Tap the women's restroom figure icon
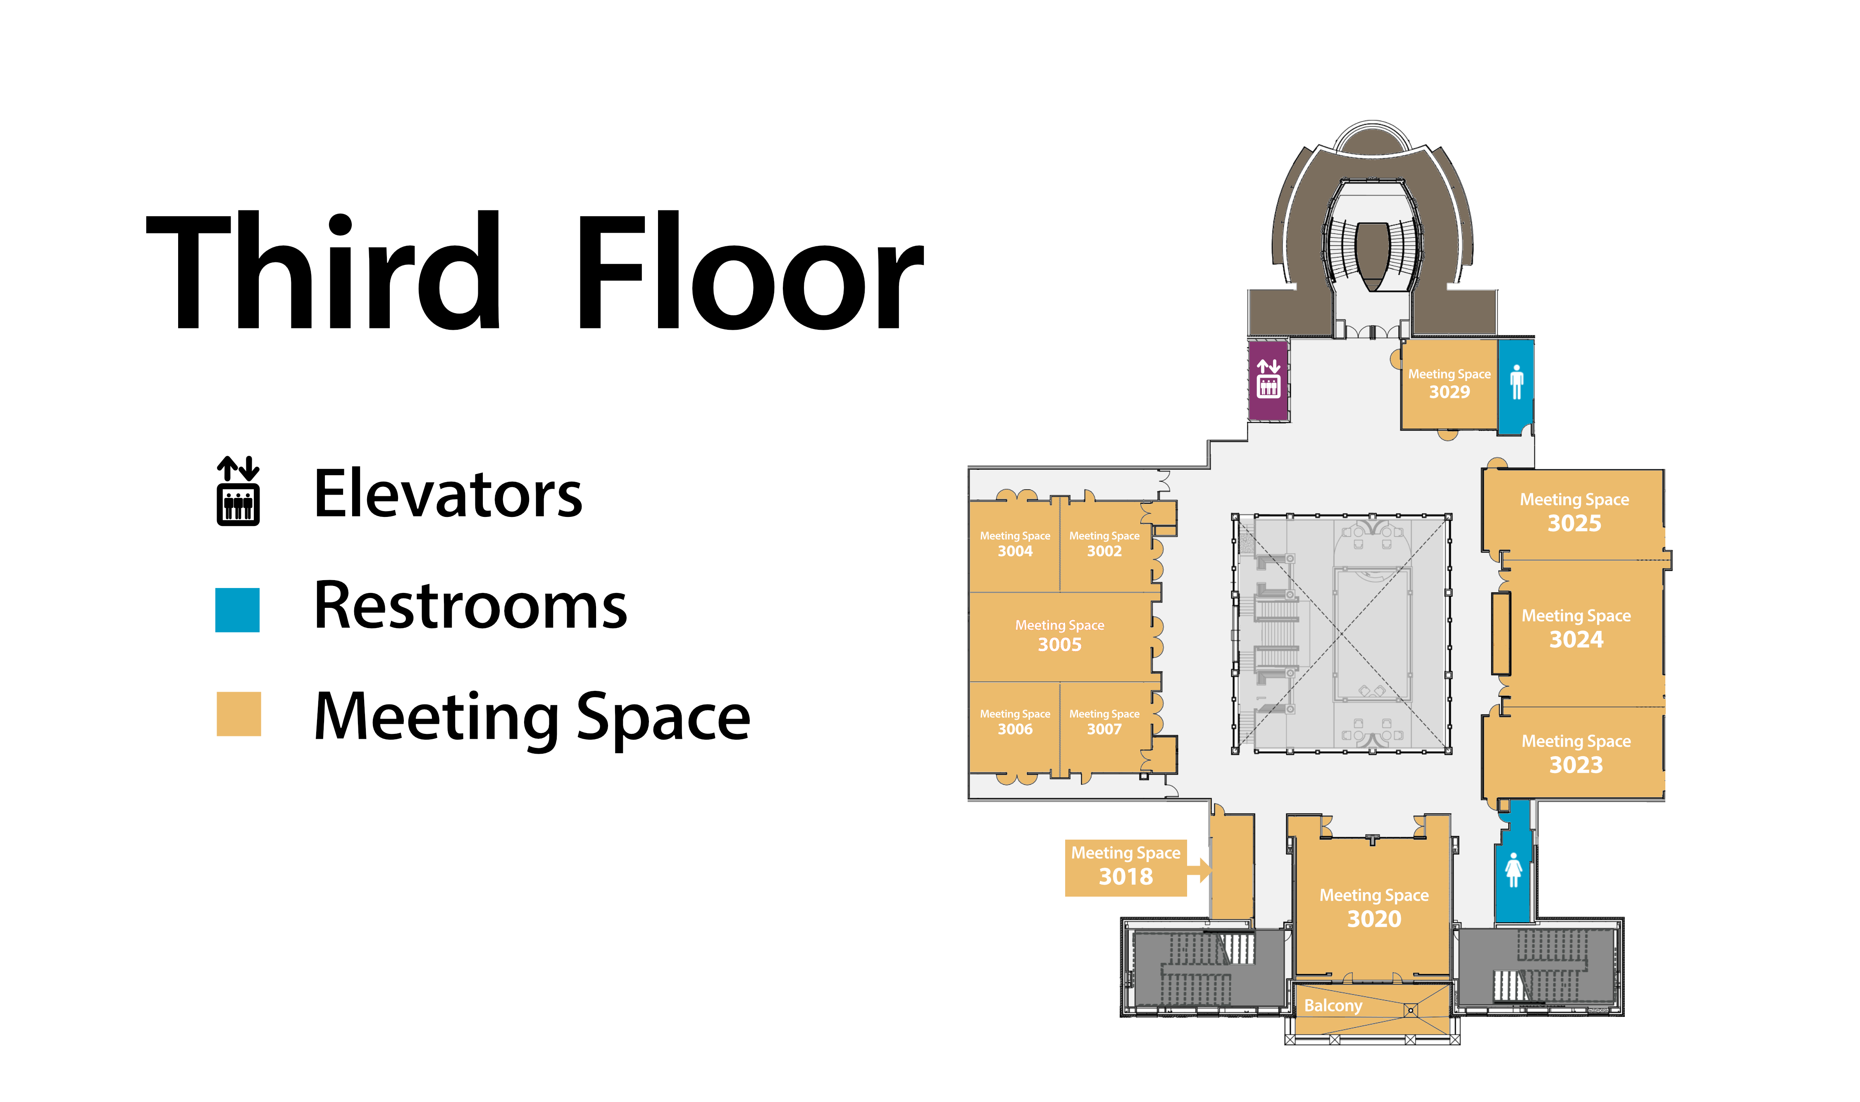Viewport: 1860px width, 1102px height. [1513, 869]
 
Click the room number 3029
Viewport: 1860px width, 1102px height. [1449, 392]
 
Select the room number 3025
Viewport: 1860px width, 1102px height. [1574, 524]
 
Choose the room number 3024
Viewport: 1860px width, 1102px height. [1576, 639]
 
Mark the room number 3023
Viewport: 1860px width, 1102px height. [1576, 765]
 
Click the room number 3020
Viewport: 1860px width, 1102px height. [1374, 919]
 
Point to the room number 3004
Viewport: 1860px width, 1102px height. [1015, 551]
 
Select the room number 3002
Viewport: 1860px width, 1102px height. [1104, 551]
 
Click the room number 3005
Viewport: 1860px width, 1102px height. [1059, 645]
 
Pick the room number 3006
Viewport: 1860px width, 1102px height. [1015, 729]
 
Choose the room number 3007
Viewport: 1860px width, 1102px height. [1104, 729]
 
